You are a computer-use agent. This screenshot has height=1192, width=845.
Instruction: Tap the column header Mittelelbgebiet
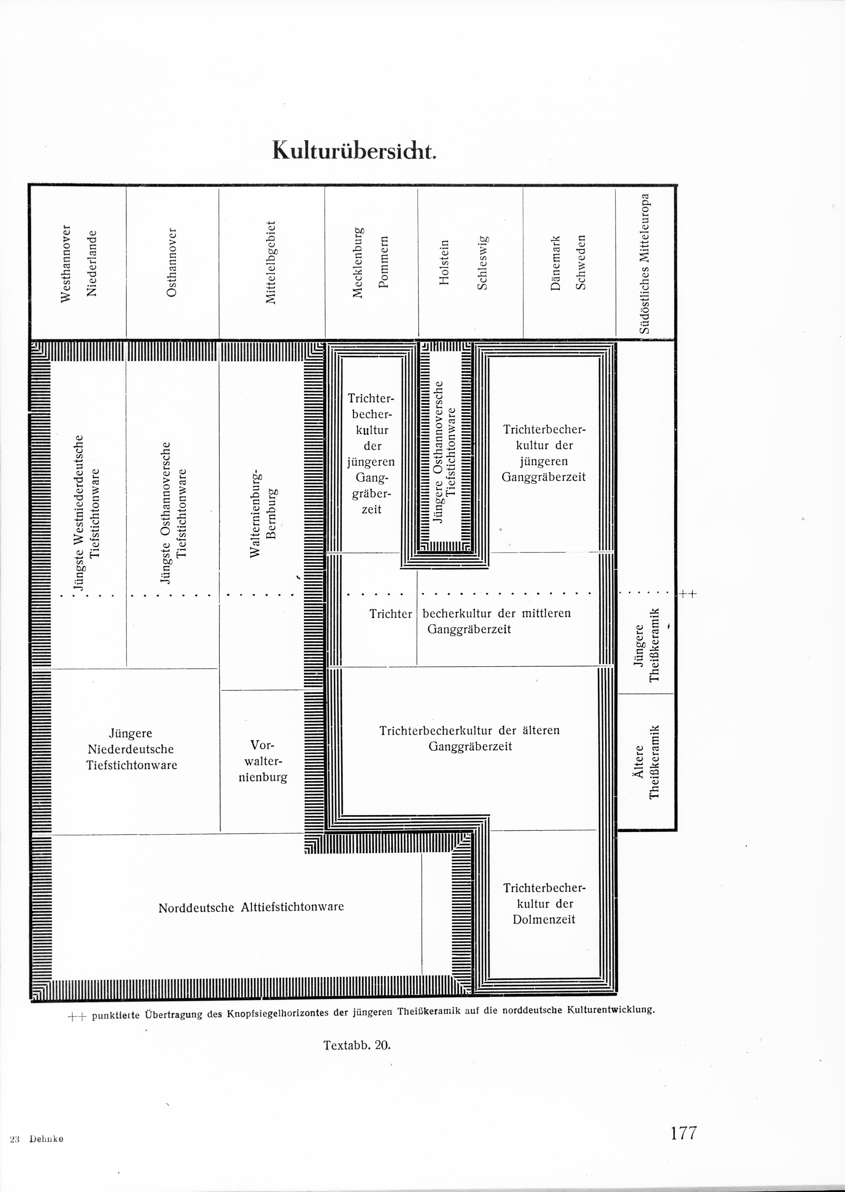click(x=271, y=262)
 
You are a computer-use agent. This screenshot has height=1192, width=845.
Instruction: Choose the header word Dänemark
click(x=556, y=262)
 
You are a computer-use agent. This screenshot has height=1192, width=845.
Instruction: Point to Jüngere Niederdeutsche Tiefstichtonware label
click(x=132, y=749)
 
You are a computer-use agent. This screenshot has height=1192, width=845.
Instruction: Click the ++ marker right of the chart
click(x=687, y=594)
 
